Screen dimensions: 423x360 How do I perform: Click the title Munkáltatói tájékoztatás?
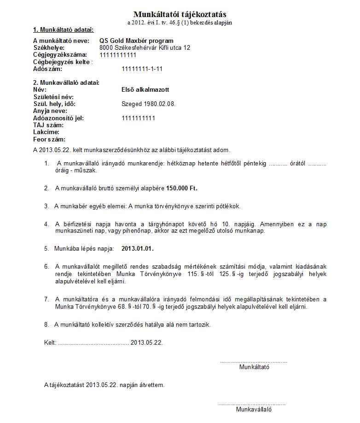[180, 15]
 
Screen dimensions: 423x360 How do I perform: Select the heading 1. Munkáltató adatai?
[63, 30]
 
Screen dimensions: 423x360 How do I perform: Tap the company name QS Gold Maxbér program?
[136, 41]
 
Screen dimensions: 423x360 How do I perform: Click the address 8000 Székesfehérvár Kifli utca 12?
[145, 48]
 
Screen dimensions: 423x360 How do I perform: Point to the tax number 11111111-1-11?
[142, 69]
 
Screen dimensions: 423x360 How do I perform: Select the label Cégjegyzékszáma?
[60, 55]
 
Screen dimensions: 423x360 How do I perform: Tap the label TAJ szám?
[48, 125]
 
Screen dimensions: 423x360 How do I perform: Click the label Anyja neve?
[50, 111]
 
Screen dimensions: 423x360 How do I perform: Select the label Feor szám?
[49, 139]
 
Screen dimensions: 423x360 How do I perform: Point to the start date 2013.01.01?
[137, 248]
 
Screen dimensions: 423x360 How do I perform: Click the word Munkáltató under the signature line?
[254, 367]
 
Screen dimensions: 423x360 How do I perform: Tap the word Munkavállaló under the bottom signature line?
[254, 409]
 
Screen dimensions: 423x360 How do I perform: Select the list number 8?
[46, 325]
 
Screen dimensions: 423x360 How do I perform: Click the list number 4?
[46, 224]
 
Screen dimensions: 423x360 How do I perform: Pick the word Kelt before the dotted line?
[50, 343]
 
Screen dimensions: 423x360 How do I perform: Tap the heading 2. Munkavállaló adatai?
[66, 83]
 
